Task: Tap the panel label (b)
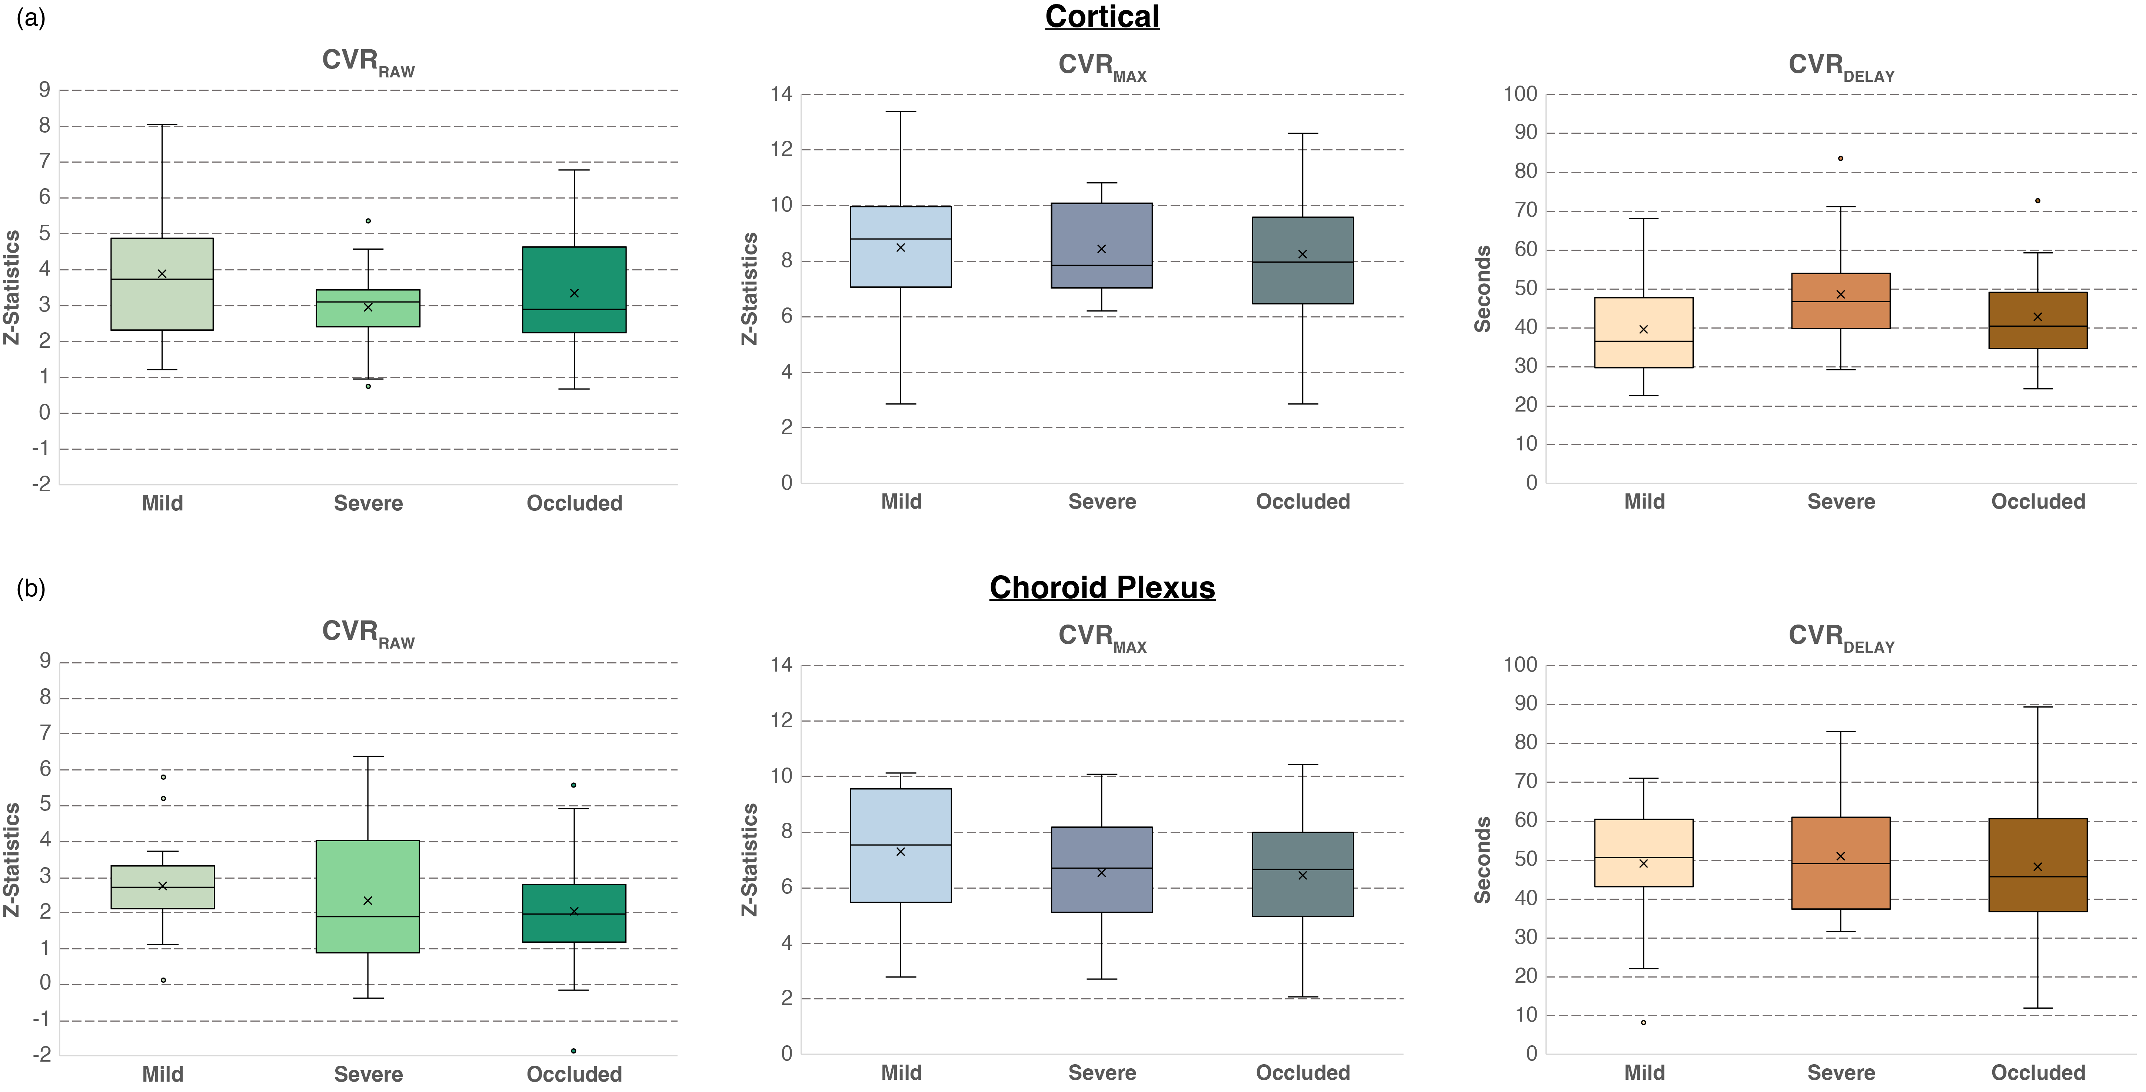pyautogui.click(x=31, y=589)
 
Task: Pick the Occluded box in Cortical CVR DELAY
pyautogui.click(x=2038, y=320)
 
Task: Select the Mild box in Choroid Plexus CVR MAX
pyautogui.click(x=901, y=845)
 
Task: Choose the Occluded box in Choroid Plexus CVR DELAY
pyautogui.click(x=2038, y=865)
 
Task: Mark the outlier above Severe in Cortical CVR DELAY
pyautogui.click(x=1840, y=158)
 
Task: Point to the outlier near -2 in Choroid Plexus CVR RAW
pyautogui.click(x=573, y=1051)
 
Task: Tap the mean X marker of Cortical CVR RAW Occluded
pyautogui.click(x=574, y=293)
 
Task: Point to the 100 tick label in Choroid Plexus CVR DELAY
pyautogui.click(x=1520, y=665)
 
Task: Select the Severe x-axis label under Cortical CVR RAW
pyautogui.click(x=368, y=503)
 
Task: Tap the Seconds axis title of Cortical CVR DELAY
pyautogui.click(x=1482, y=289)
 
